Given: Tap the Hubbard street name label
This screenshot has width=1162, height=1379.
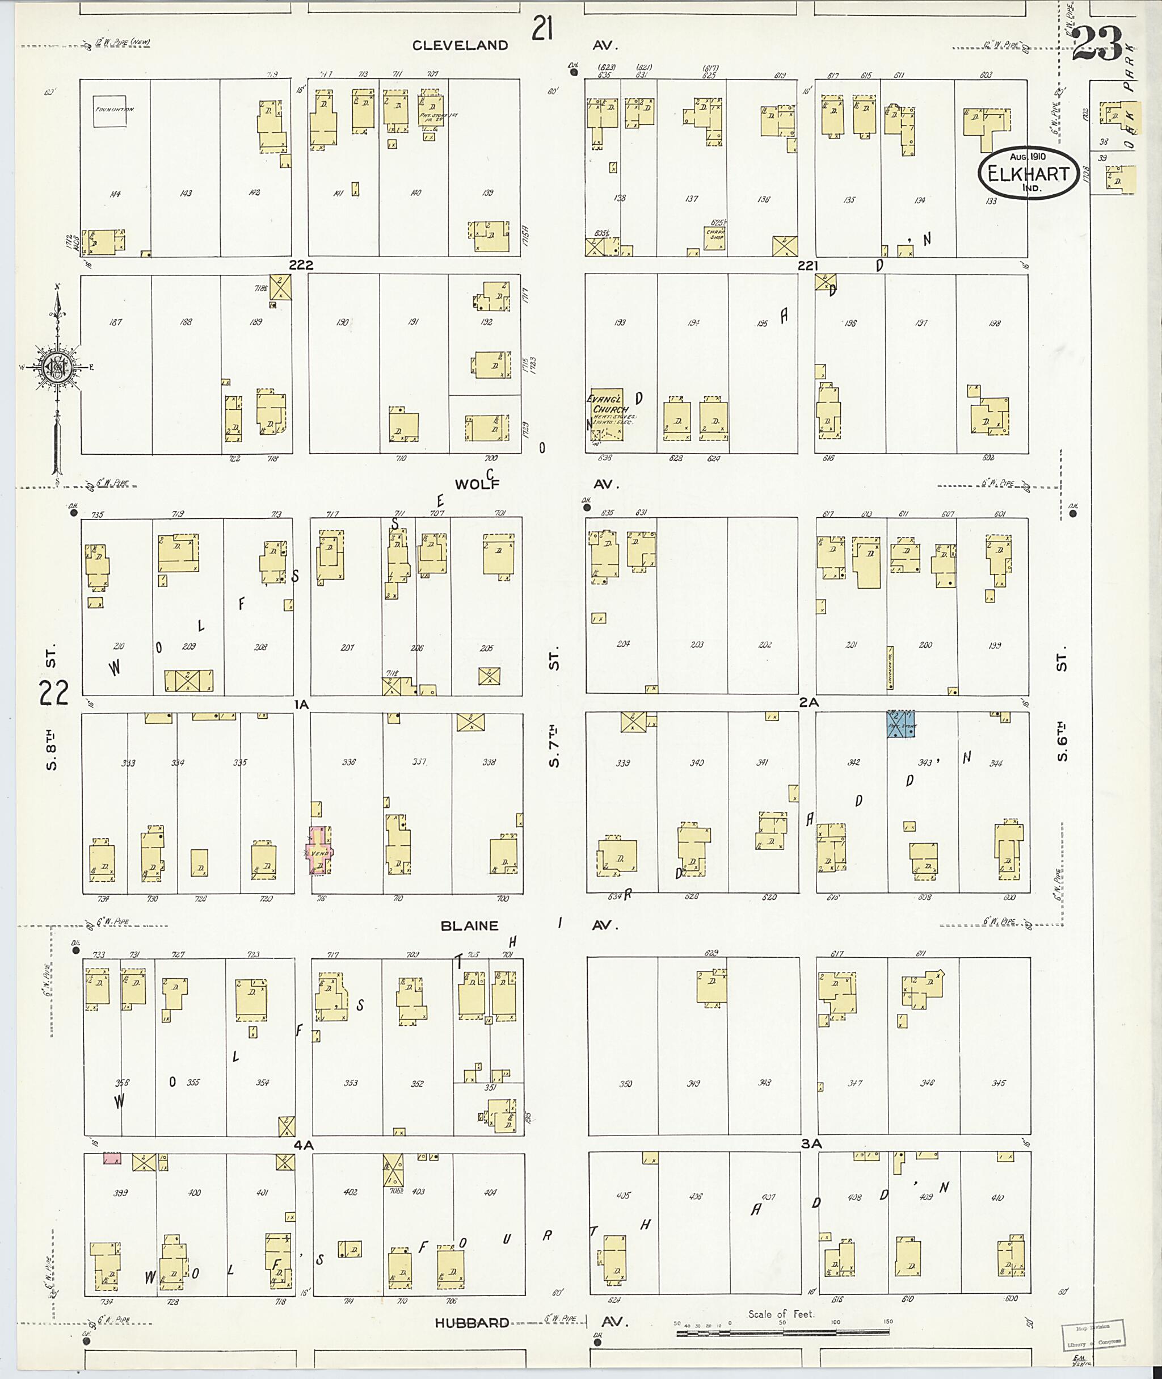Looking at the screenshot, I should click(x=471, y=1323).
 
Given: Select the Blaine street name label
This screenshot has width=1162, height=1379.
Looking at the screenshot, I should click(x=470, y=925).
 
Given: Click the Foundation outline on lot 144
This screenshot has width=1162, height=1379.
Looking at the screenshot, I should click(x=110, y=110).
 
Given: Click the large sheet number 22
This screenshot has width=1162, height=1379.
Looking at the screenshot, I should click(x=53, y=692).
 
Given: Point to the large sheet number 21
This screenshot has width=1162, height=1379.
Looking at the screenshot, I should click(x=542, y=30).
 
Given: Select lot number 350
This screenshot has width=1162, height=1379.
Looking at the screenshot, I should click(x=625, y=1083).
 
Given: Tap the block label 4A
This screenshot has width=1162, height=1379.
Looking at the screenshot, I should click(x=303, y=1145).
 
